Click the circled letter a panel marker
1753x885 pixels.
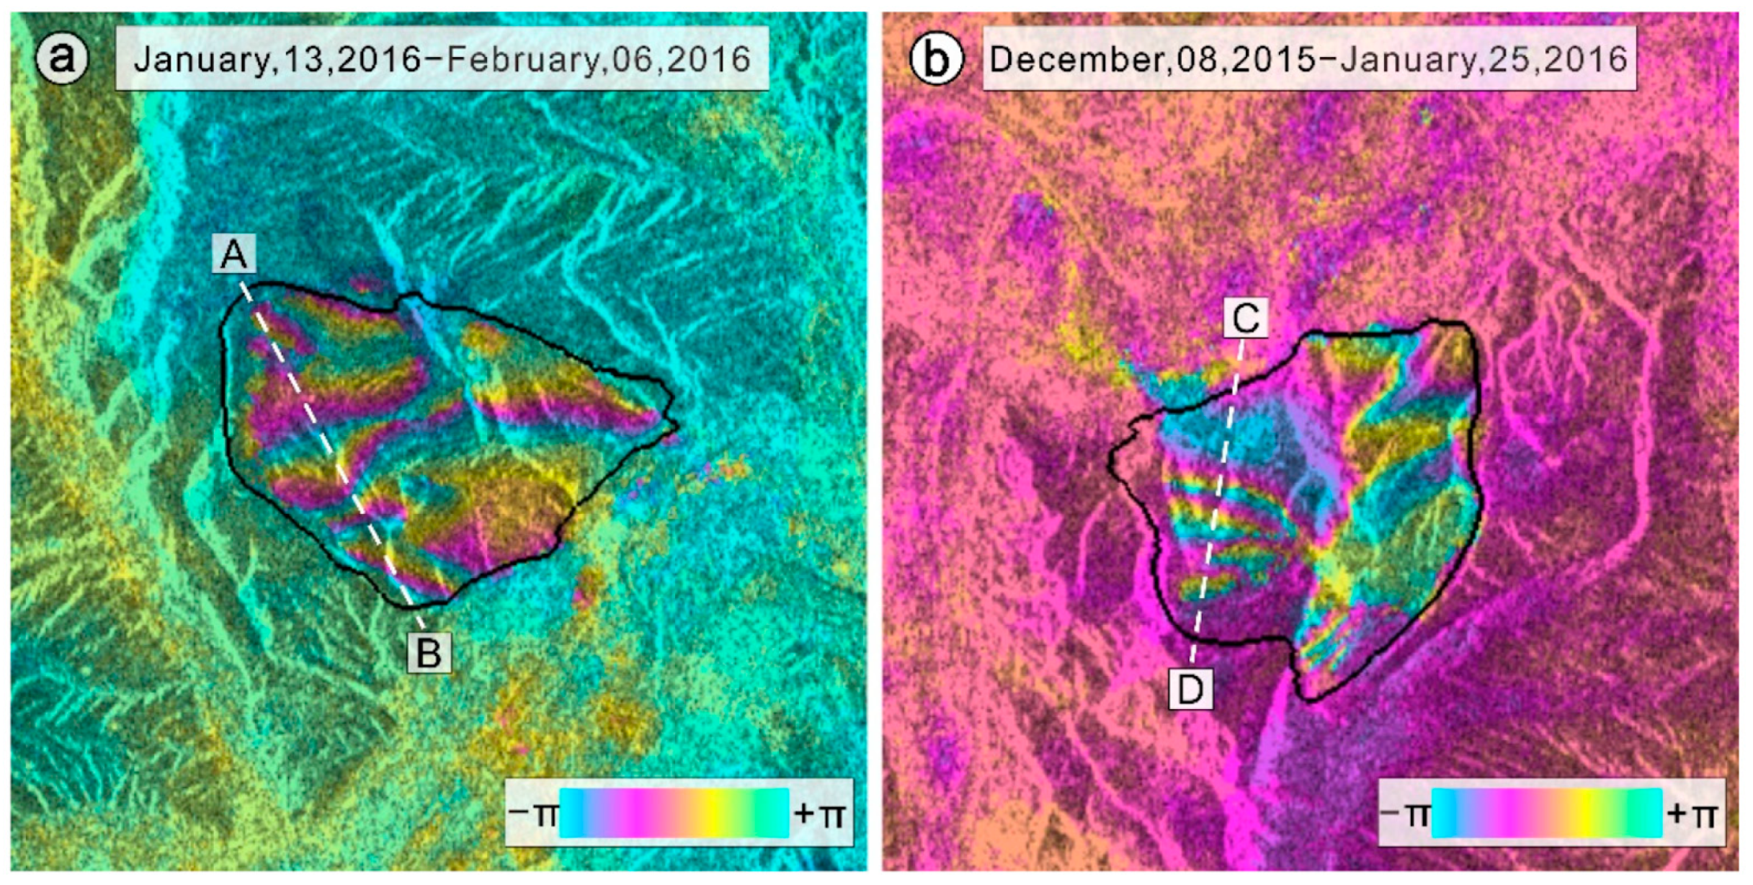[x=62, y=57]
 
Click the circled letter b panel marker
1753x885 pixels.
[x=936, y=58]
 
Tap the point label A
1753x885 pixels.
[x=234, y=254]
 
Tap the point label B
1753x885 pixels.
[x=429, y=653]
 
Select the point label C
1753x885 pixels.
[x=1246, y=318]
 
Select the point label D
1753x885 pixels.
[x=1190, y=689]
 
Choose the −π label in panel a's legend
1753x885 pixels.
[x=532, y=814]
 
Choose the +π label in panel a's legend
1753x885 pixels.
[x=820, y=814]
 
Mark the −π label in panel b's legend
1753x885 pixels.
[x=1405, y=814]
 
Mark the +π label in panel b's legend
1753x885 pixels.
[x=1693, y=814]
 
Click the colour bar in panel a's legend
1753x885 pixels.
[x=674, y=813]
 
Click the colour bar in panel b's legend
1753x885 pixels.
[x=1547, y=813]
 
